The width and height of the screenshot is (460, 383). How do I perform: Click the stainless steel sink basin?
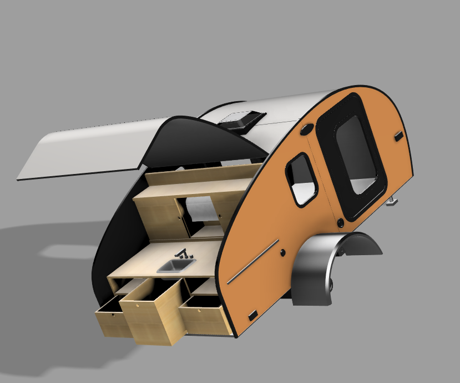176,267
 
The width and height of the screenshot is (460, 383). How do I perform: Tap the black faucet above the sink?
182,254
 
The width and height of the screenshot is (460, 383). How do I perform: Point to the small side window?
302,178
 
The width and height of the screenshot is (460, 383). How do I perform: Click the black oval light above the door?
306,131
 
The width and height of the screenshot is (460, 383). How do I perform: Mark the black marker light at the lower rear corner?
252,315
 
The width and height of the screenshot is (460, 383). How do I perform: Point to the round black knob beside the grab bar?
283,253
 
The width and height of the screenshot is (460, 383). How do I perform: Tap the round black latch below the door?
341,223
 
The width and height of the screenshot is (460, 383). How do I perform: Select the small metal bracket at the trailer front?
392,201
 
